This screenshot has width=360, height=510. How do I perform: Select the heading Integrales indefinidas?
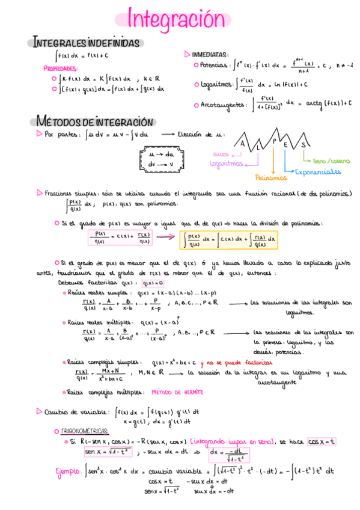pos(87,43)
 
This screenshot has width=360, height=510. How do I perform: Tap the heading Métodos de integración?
pos(94,121)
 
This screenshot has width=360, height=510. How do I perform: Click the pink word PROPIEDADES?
pos(61,69)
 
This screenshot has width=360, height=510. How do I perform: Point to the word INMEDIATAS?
pos(210,54)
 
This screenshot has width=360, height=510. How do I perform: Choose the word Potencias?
pos(215,65)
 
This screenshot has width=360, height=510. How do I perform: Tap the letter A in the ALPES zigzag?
pos(243,145)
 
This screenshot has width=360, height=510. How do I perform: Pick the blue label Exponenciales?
pos(318,171)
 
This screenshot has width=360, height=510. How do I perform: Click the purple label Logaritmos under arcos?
pos(227,163)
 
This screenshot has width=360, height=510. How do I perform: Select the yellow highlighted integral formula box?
pos(229,241)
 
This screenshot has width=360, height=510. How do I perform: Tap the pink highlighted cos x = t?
pos(322,441)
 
